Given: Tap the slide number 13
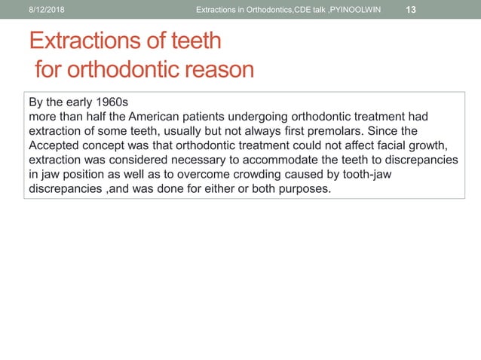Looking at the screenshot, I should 411,9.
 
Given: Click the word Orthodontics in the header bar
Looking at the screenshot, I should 268,9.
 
